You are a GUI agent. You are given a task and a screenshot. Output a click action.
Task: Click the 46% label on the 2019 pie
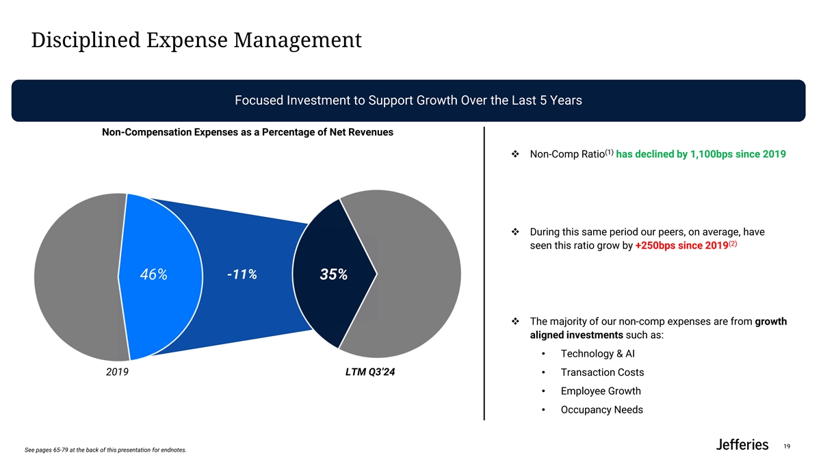click(153, 275)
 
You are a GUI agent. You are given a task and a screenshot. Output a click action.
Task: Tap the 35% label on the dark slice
click(333, 275)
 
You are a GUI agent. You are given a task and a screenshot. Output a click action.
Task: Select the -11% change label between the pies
click(241, 275)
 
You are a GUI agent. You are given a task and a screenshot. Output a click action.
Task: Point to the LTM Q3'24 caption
click(370, 373)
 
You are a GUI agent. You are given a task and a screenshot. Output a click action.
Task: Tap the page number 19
click(787, 446)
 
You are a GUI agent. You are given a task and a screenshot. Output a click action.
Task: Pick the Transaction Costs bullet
click(602, 372)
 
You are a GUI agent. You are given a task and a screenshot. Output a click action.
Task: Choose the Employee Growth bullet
click(601, 391)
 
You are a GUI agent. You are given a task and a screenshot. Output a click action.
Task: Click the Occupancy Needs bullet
click(601, 410)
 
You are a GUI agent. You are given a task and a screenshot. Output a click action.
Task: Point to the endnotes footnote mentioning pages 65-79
click(105, 450)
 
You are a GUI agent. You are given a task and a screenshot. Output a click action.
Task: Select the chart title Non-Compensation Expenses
click(247, 132)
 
